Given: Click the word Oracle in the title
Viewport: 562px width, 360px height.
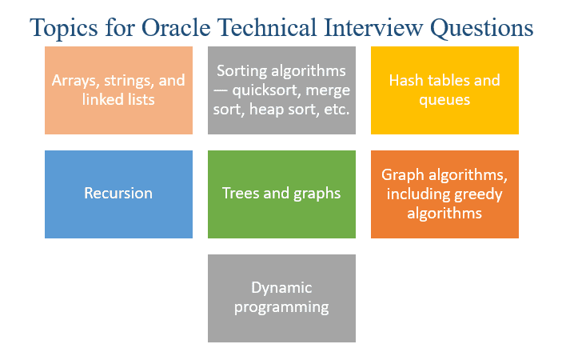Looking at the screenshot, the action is coord(176,27).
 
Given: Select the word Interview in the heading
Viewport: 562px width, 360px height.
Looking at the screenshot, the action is coord(373,27).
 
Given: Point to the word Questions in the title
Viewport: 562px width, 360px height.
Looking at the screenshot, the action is coord(482,28).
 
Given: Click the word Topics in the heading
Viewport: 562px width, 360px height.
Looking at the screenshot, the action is coord(64,28).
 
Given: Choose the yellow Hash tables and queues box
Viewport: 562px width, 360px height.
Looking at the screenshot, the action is coord(444,90).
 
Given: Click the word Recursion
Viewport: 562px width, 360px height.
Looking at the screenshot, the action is coord(118,194).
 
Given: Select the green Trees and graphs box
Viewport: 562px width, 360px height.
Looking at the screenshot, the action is coord(281,194).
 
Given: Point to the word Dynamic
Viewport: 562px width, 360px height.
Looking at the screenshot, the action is coord(281,288).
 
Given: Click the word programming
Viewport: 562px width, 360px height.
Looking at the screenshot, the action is coord(281,308).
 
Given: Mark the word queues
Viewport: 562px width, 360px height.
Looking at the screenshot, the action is coord(444,100).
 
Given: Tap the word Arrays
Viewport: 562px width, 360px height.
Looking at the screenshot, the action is coord(75,81).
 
